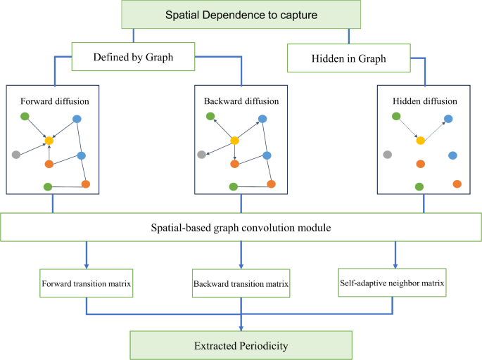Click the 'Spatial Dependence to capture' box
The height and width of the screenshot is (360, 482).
pyautogui.click(x=241, y=15)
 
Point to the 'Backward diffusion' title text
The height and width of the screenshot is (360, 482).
pyautogui.click(x=241, y=101)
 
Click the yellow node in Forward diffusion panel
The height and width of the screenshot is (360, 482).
pyautogui.click(x=49, y=141)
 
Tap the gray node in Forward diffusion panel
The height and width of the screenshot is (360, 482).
pyautogui.click(x=16, y=154)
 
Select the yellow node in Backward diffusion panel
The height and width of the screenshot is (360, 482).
pyautogui.click(x=234, y=141)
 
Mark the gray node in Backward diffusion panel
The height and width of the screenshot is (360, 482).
pyautogui.click(x=202, y=154)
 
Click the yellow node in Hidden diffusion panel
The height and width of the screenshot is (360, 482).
pyautogui.click(x=420, y=141)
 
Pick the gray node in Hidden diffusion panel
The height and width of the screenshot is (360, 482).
pyautogui.click(x=387, y=154)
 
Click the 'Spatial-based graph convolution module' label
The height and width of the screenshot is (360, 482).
pyautogui.click(x=241, y=228)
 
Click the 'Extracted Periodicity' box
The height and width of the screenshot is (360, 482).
pyautogui.click(x=241, y=345)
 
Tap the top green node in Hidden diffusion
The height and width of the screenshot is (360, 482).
pyautogui.click(x=396, y=116)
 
